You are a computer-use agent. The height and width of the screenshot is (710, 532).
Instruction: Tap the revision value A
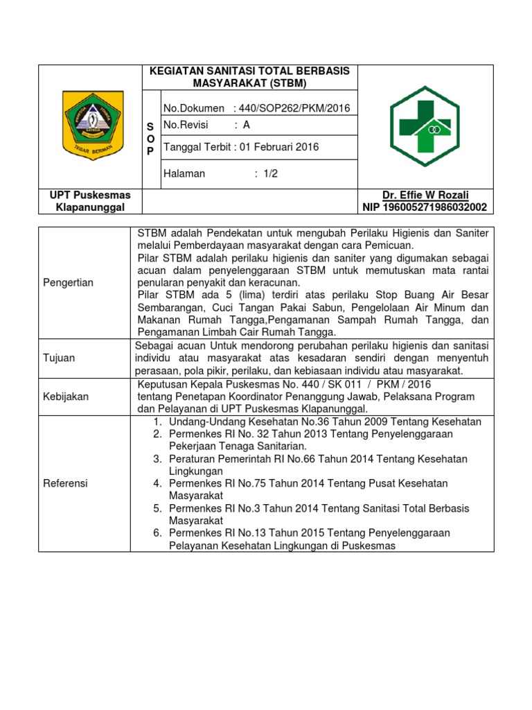pos(247,125)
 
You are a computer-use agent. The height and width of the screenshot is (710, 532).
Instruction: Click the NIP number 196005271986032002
pos(424,207)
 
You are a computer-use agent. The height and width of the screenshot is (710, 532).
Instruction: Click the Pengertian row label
pos(69,282)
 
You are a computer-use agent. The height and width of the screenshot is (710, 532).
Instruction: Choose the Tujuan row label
pos(59,358)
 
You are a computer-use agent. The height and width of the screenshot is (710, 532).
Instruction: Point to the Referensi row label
pos(65,483)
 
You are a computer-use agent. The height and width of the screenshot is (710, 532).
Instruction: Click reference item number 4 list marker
pos(157,483)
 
